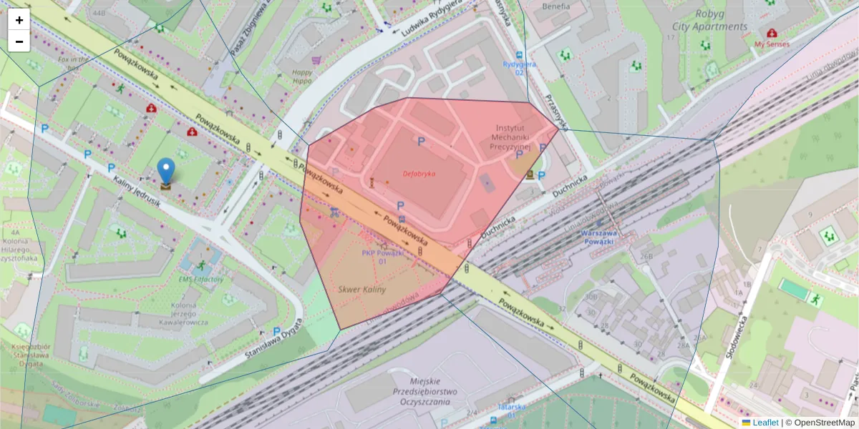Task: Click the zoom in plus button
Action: (x=19, y=20)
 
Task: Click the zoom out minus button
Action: (x=19, y=41)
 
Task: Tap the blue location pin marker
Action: (x=166, y=172)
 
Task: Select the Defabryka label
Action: (x=419, y=173)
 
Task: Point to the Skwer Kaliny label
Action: (x=361, y=290)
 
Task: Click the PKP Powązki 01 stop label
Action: (x=383, y=257)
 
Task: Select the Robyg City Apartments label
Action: (x=709, y=20)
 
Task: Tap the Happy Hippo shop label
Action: (x=302, y=76)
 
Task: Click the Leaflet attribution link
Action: (x=765, y=423)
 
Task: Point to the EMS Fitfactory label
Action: (x=201, y=280)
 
